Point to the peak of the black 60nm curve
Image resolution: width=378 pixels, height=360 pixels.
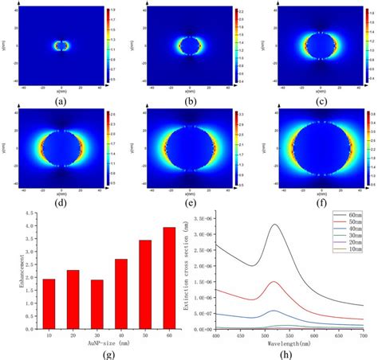click(275, 225)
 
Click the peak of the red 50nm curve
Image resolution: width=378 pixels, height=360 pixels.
click(274, 282)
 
